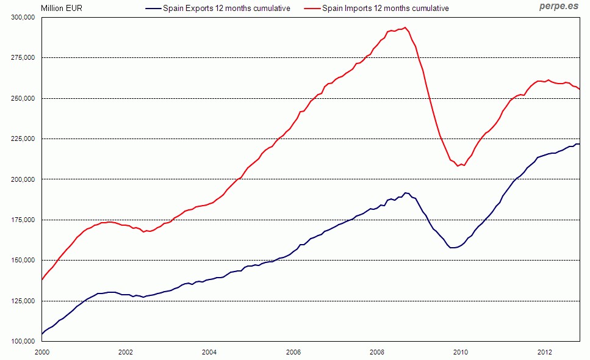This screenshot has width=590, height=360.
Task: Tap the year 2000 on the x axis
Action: pos(42,352)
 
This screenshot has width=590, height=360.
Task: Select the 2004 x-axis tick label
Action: pos(209,352)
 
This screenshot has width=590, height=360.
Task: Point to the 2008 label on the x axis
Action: pos(377,352)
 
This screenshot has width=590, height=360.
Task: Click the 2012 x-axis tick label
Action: pos(544,352)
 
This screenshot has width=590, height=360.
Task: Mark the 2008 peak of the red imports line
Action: pos(405,27)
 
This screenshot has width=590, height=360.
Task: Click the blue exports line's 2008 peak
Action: pos(406,193)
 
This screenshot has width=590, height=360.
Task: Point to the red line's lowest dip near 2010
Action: pos(458,166)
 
